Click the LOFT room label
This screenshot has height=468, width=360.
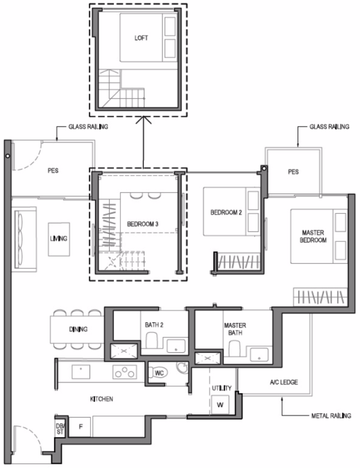pyautogui.click(x=141, y=38)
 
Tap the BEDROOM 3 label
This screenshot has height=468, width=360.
pyautogui.click(x=143, y=224)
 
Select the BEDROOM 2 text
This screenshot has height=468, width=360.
pyautogui.click(x=226, y=212)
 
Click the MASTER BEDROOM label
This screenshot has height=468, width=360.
pyautogui.click(x=313, y=236)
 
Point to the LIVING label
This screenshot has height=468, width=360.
pyautogui.click(x=59, y=238)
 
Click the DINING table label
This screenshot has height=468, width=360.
pyautogui.click(x=78, y=329)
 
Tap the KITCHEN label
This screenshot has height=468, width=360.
pyautogui.click(x=101, y=399)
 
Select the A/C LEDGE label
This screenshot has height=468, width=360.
pyautogui.click(x=284, y=382)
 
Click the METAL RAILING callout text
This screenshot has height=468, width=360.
pyautogui.click(x=331, y=415)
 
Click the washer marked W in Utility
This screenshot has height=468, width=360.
pyautogui.click(x=220, y=405)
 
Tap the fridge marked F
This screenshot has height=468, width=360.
pyautogui.click(x=80, y=427)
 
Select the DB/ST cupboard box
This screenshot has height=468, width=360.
pyautogui.click(x=60, y=429)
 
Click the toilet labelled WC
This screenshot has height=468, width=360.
pyautogui.click(x=158, y=373)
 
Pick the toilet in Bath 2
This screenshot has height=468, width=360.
pyautogui.click(x=152, y=341)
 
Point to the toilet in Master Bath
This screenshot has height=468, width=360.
pyautogui.click(x=234, y=349)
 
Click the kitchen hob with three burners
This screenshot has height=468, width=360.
pyautogui.click(x=124, y=372)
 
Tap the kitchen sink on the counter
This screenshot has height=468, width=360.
pyautogui.click(x=81, y=372)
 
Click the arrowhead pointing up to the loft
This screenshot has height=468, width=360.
pyautogui.click(x=143, y=119)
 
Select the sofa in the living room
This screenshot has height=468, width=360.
pyautogui.click(x=24, y=239)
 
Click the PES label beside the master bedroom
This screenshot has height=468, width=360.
pyautogui.click(x=293, y=172)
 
